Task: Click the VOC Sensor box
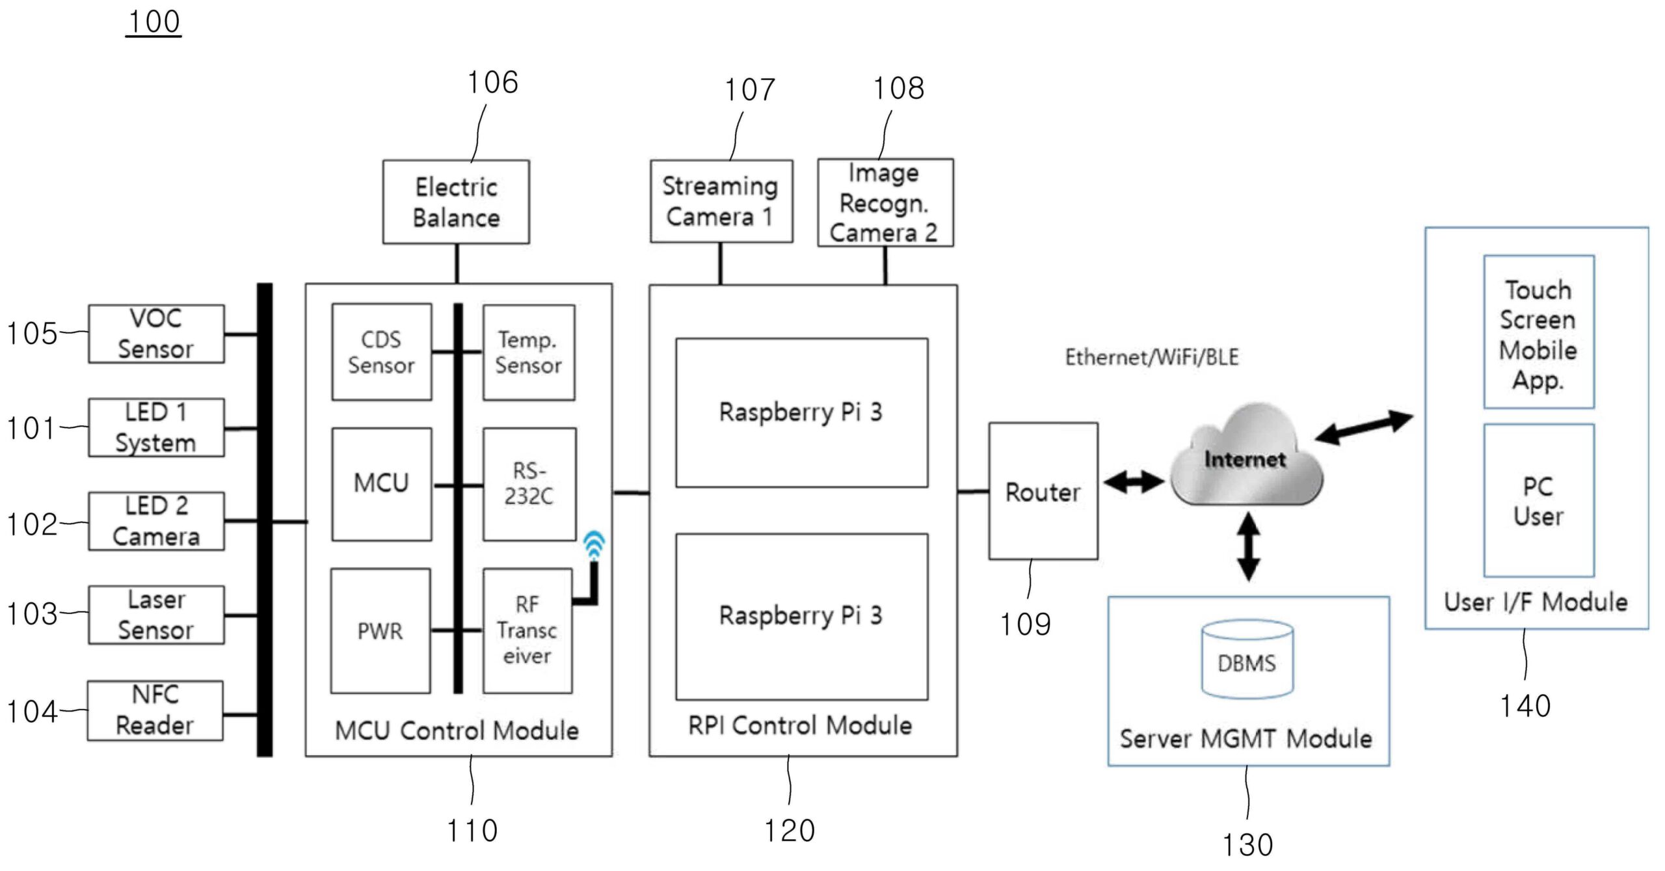coord(156,334)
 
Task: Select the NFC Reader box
coord(155,710)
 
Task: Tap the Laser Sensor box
coord(156,615)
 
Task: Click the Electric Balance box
coord(456,202)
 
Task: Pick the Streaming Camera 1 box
coord(721,202)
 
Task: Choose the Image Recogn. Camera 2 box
coord(885,202)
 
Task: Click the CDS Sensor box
coord(381,352)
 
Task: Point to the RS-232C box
coord(529,484)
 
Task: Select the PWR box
coord(380,631)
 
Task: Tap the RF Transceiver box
coord(527,631)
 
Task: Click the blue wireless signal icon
coord(594,544)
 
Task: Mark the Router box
coord(1043,491)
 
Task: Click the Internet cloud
coord(1245,459)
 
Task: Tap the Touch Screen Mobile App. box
coord(1538,332)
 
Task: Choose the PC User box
coord(1538,500)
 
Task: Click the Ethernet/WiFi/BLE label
coord(1151,357)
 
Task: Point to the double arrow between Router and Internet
coord(1134,482)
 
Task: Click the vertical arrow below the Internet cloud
coord(1248,546)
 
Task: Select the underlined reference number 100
coord(154,22)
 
